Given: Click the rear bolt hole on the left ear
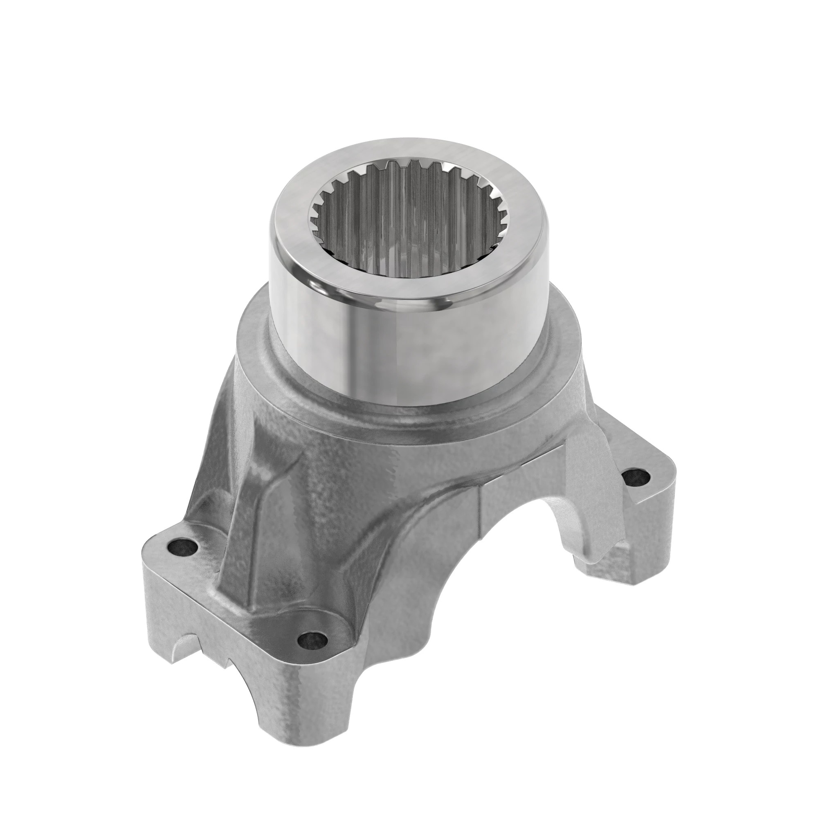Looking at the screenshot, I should pos(183,547).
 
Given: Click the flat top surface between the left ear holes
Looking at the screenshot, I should pos(245,593).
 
